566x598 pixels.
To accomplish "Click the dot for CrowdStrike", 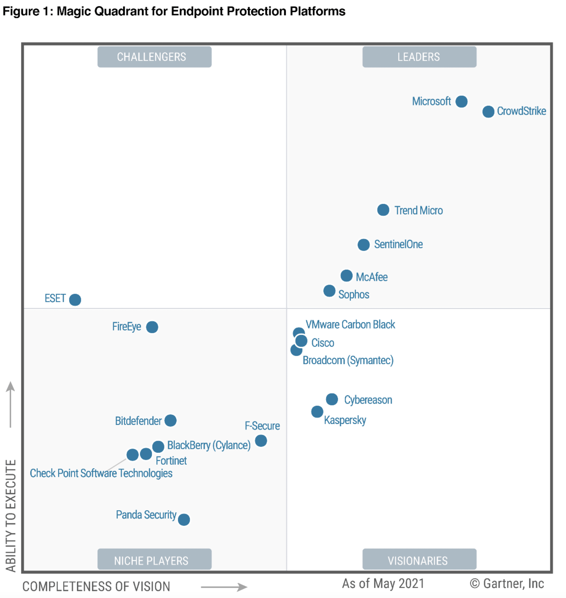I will (488, 112).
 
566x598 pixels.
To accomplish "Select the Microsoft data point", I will (461, 102).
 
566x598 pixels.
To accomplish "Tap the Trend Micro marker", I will (383, 210).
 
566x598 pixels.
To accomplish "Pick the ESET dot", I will (75, 300).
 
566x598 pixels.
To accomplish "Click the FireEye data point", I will (152, 327).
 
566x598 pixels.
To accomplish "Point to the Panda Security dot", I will (184, 519).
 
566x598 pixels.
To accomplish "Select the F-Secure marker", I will (261, 441).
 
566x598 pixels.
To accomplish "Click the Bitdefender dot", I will (170, 420).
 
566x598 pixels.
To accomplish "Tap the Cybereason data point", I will (332, 399).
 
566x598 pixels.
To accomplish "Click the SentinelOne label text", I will (398, 244).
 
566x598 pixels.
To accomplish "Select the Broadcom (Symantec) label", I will (348, 360).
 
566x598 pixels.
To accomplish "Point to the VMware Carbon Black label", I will (350, 324).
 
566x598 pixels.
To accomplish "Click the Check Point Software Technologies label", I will (101, 473).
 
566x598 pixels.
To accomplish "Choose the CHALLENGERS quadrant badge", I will (154, 57).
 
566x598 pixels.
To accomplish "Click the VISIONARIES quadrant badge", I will (419, 560).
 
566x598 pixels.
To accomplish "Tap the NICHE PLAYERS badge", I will (154, 560).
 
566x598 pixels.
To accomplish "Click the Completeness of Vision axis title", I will (96, 587).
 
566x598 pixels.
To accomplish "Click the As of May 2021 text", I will (383, 584).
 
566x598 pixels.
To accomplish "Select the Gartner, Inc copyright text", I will (507, 584).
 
